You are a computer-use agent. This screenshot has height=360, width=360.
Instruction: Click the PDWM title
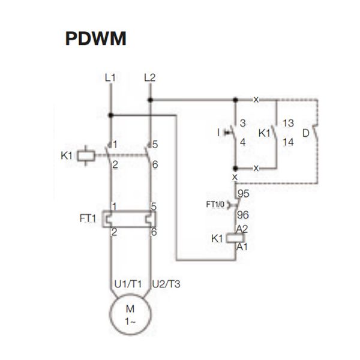point(95,39)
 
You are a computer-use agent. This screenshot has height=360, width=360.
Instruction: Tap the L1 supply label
point(110,77)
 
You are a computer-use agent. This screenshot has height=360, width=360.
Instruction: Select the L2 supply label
point(150,77)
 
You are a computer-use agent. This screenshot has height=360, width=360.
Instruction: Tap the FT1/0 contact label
point(215,205)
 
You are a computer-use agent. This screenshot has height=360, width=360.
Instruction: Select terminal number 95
point(244,194)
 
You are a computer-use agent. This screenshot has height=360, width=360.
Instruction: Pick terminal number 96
point(244,214)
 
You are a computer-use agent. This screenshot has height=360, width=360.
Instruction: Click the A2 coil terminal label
point(243,229)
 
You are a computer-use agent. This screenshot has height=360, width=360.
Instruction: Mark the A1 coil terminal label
point(243,247)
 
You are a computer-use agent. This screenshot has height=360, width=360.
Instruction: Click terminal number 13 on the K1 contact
point(288,123)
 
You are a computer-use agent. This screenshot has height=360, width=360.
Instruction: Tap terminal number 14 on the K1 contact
point(288,142)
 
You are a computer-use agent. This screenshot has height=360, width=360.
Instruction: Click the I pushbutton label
point(218,131)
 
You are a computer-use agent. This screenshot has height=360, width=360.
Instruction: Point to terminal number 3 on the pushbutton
point(243,123)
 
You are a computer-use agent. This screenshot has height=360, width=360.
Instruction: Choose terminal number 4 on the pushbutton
point(243,142)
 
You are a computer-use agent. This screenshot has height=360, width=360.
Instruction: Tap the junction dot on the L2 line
point(150,100)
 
